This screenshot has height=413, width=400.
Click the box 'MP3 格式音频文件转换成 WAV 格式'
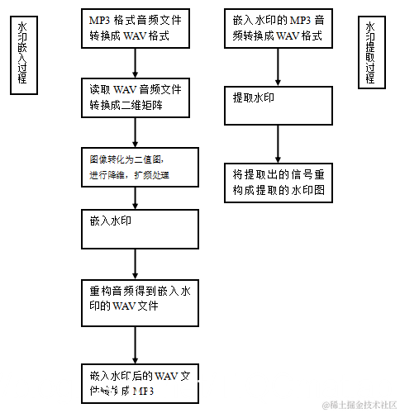pyautogui.click(x=141, y=26)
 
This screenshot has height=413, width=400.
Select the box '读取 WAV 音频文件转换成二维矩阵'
pyautogui.click(x=141, y=97)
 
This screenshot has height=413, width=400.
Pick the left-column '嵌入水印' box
pyautogui.click(x=141, y=228)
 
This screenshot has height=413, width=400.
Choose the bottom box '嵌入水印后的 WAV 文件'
pyautogui.click(x=141, y=384)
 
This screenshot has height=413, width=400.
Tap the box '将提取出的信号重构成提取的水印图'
pyautogui.click(x=279, y=183)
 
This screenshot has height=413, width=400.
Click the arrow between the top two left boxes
pyautogui.click(x=135, y=63)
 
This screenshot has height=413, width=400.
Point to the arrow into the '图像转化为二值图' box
pyautogui.click(x=134, y=132)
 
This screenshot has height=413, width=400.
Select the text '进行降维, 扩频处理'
pyautogui.click(x=129, y=175)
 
